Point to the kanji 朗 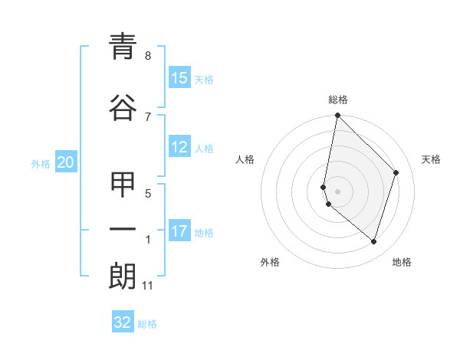point(123,276)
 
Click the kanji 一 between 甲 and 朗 point(123,230)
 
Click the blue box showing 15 point(179,78)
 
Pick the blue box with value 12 point(179,148)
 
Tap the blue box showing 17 point(179,231)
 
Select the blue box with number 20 point(66,162)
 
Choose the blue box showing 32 point(123,322)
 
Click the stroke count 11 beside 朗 point(148,286)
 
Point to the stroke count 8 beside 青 point(148,55)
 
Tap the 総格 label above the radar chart point(338,100)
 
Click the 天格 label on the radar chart point(431,159)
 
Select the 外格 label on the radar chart point(270,262)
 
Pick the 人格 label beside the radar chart point(245,159)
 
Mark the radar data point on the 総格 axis point(338,116)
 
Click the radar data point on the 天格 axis point(396,172)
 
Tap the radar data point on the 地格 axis point(373,241)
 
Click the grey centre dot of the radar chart point(338,191)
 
